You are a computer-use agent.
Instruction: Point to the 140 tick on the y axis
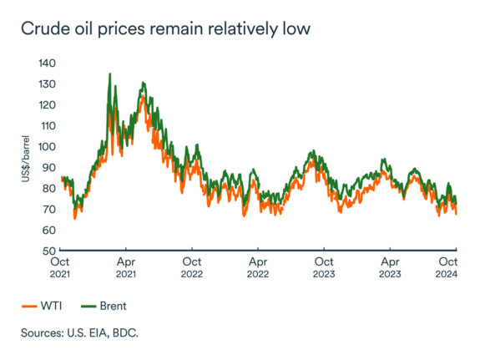tap(47, 63)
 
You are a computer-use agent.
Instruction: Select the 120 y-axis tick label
tap(47, 105)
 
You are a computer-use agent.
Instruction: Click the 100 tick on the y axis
tap(47, 147)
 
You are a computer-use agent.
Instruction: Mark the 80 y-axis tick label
tap(49, 189)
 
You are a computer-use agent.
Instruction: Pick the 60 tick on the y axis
tap(49, 231)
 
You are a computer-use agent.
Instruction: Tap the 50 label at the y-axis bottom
tap(49, 251)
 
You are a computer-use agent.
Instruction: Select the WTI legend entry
tap(47, 307)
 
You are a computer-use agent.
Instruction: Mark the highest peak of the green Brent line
tap(109, 74)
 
